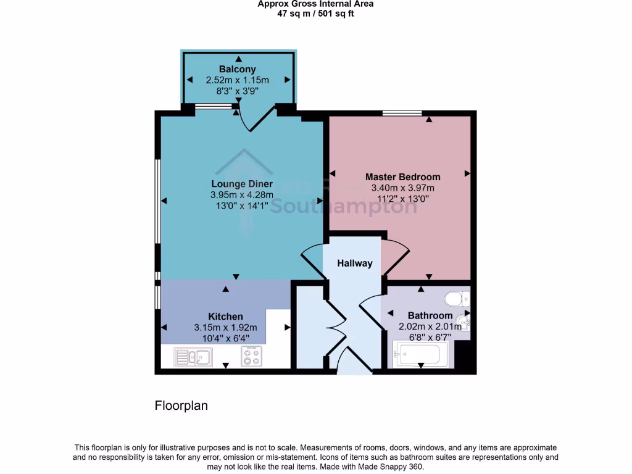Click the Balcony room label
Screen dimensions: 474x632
click(x=237, y=69)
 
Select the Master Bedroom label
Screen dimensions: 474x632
click(x=402, y=177)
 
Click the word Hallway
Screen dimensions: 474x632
click(x=355, y=264)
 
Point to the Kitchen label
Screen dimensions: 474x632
click(x=225, y=317)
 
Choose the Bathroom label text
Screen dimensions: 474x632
click(x=430, y=315)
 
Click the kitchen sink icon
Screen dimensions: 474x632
click(x=193, y=357)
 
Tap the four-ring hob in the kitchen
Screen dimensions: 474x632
click(x=251, y=356)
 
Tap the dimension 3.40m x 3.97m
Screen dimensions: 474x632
click(x=402, y=188)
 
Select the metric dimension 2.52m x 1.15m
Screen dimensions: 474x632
click(x=237, y=80)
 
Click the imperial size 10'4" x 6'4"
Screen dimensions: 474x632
click(x=225, y=338)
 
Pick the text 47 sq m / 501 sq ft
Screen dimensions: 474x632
click(x=315, y=14)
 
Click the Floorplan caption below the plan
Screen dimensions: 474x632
click(x=181, y=406)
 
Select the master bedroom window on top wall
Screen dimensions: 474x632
click(x=402, y=113)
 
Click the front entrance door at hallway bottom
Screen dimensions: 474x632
click(x=354, y=364)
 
